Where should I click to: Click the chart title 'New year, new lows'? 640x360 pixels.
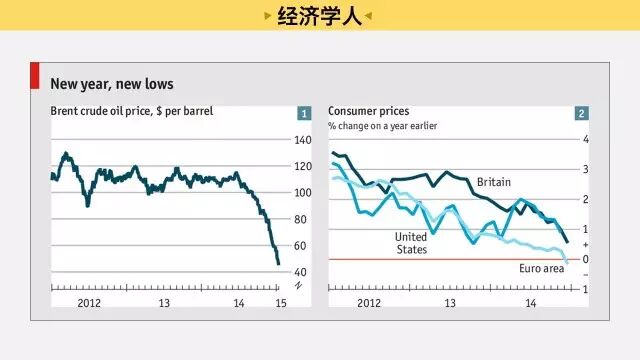pos(112,84)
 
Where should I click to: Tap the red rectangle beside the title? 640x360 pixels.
pos(35,76)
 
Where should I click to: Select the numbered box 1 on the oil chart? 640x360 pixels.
pos(304,113)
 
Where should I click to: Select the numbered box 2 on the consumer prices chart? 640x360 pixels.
pos(582,113)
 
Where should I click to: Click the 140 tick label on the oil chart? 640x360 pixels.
pos(303,140)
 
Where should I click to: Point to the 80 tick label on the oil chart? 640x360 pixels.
pos(300,219)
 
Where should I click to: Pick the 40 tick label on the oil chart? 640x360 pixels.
pos(300,272)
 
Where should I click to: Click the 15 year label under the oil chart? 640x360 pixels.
pos(281,303)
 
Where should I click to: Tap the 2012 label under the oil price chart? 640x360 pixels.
pos(89,303)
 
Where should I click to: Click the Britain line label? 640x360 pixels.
pos(494,182)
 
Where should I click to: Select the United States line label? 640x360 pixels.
pos(411,243)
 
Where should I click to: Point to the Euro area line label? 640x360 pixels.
pos(542,269)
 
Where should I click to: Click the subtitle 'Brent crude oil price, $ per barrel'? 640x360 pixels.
pos(131,111)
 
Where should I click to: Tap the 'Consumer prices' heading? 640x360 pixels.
pos(369,111)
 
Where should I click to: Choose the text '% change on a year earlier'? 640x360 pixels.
pos(382,126)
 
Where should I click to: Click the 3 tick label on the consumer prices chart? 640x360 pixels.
pos(586,169)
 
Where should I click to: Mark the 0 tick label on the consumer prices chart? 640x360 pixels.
pos(586,259)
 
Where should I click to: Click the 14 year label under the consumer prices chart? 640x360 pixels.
pos(531,303)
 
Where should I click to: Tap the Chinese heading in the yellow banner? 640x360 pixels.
pos(320,16)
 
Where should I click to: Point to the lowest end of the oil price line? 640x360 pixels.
pos(279,264)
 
